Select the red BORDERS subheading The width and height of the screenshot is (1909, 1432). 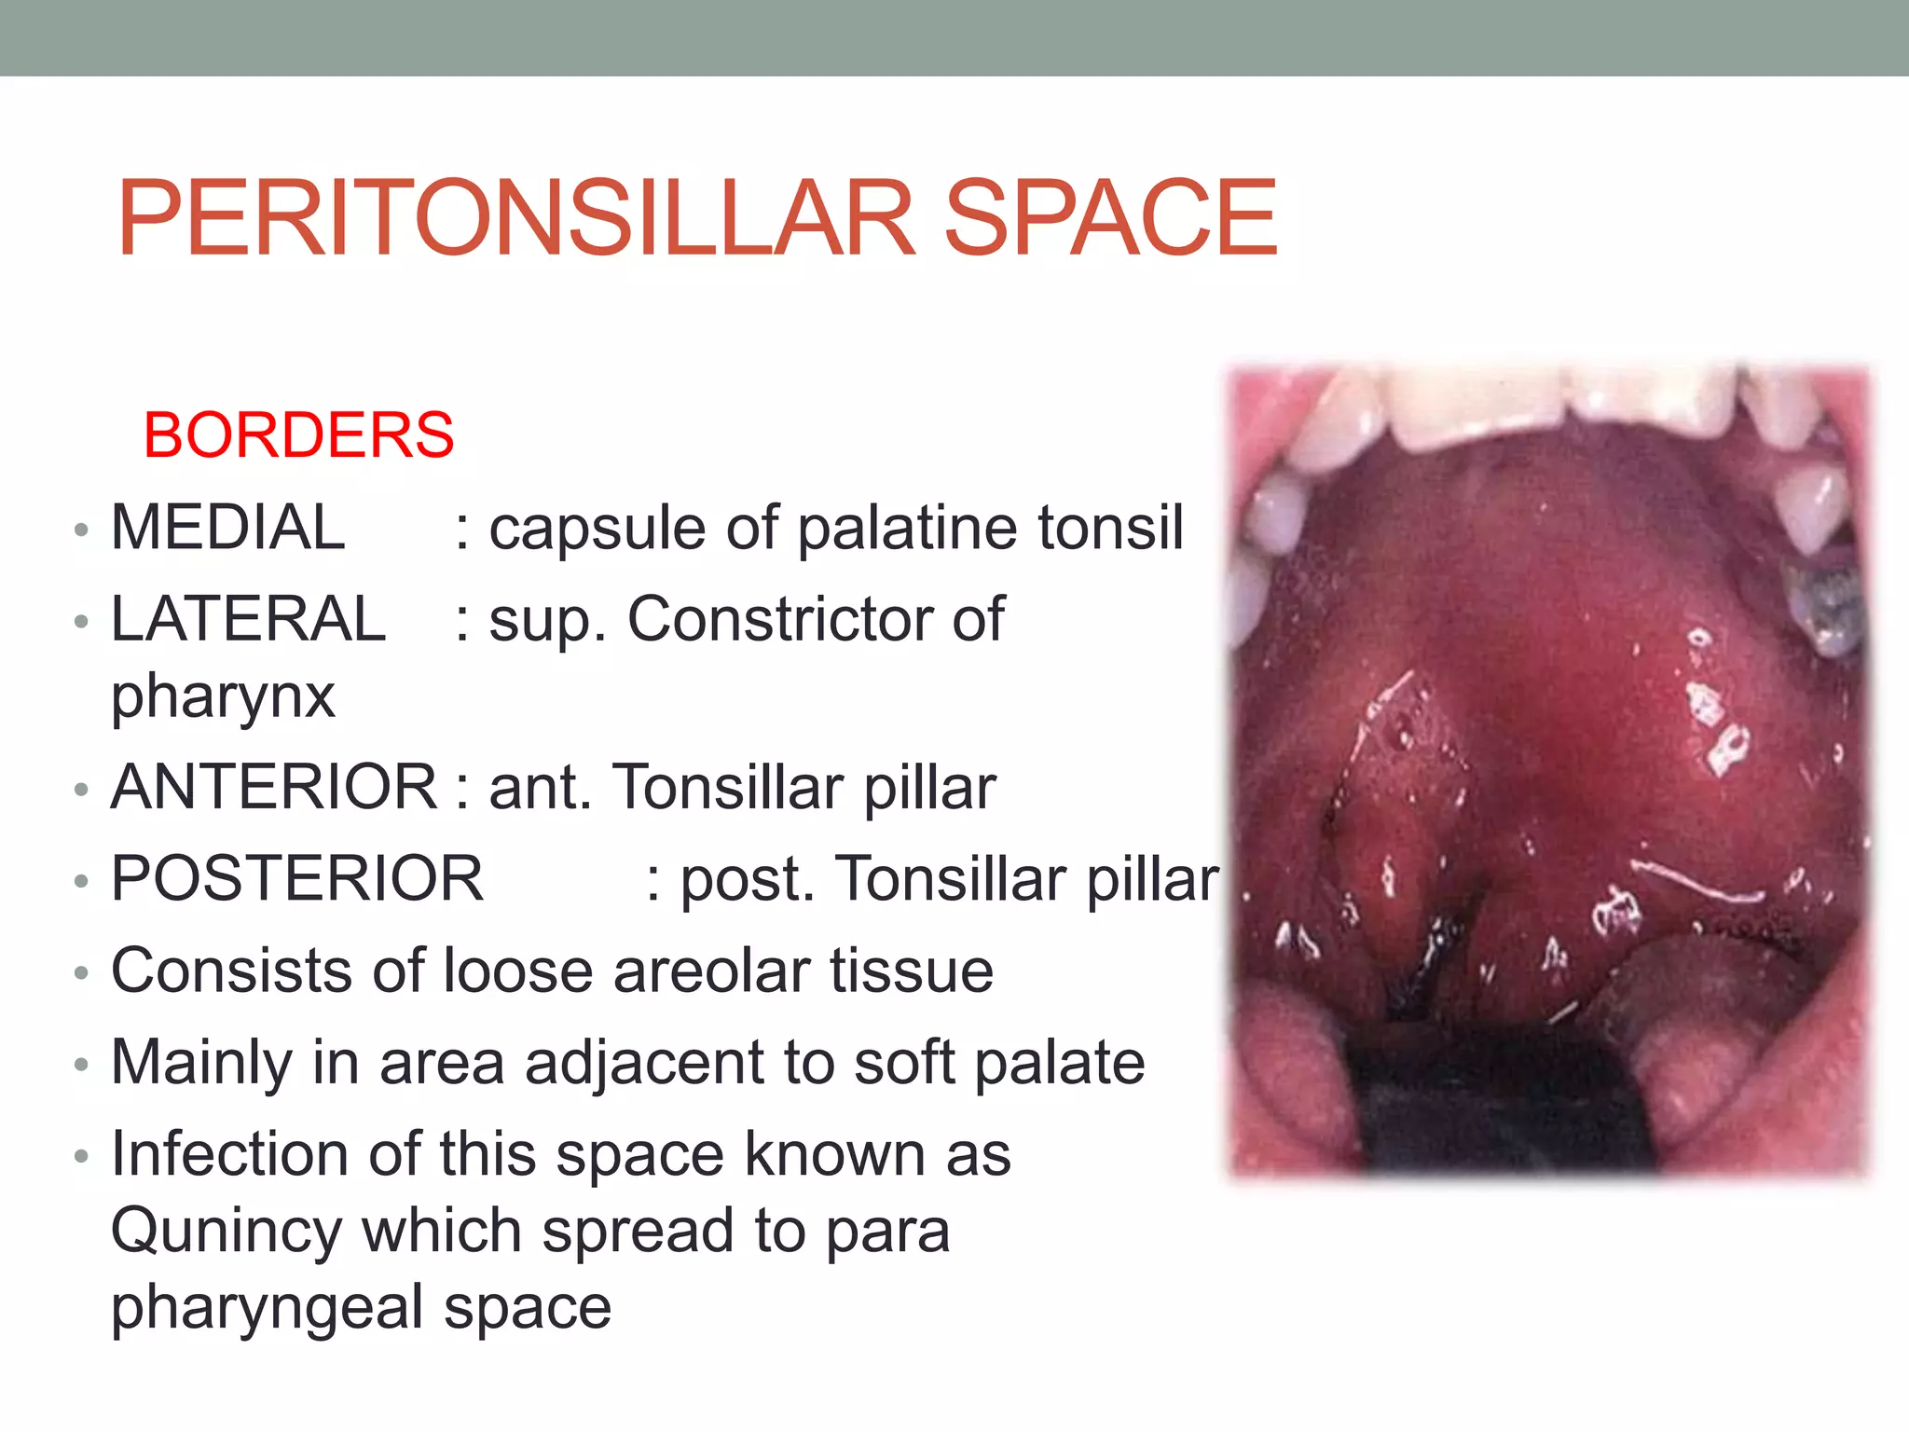click(298, 435)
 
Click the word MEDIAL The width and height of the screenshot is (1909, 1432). click(227, 528)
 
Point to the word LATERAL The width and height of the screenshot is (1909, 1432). click(248, 619)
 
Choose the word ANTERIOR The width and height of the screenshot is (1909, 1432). click(274, 787)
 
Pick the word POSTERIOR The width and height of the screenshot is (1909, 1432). click(297, 878)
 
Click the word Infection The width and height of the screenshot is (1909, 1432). click(229, 1154)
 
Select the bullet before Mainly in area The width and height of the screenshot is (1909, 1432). click(81, 1065)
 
